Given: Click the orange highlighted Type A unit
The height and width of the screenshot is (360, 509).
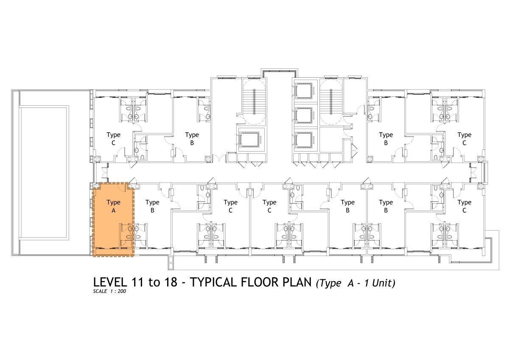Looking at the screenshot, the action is tap(113, 219).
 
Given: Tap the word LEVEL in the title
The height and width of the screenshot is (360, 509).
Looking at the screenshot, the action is tap(110, 282).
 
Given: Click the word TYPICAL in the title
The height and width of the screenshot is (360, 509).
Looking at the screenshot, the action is tap(213, 282).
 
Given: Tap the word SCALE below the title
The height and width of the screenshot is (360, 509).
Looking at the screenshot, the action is tap(100, 291).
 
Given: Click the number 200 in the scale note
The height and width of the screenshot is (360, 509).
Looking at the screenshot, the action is tap(122, 291).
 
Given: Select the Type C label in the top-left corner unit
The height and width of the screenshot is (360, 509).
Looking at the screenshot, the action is tap(113, 139).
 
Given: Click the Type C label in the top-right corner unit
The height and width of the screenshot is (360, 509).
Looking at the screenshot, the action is tap(464, 139).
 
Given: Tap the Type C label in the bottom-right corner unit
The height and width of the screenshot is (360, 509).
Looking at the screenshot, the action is tap(464, 206).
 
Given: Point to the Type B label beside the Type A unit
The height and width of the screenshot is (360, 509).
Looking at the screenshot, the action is tap(152, 206).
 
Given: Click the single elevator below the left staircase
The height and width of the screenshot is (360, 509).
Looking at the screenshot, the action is tap(249, 140).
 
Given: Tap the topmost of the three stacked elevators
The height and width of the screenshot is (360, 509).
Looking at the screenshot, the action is tap(304, 91).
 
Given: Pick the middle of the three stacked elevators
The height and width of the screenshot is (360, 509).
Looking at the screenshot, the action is tap(304, 115).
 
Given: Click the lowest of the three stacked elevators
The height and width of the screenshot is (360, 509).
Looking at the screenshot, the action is tap(304, 140).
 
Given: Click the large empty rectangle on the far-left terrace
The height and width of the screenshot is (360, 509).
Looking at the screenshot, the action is tap(44, 173).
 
